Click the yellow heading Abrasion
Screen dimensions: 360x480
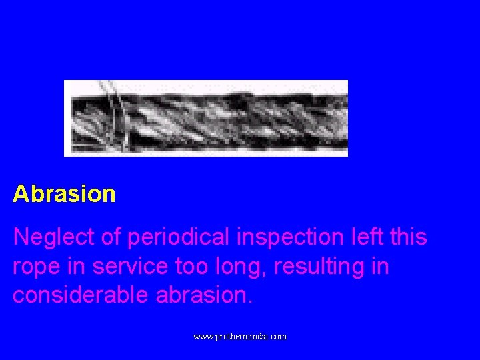(x=64, y=194)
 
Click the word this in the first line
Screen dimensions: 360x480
(x=405, y=237)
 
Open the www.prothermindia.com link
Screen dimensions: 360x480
(x=240, y=337)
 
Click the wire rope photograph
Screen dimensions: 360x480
(x=206, y=118)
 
